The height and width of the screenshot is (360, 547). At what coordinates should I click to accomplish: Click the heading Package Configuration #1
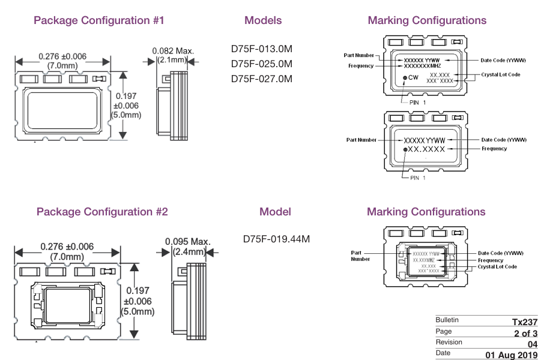click(99, 20)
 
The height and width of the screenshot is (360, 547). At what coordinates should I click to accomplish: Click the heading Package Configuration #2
click(102, 212)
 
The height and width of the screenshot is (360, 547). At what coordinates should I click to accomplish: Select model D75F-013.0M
click(262, 49)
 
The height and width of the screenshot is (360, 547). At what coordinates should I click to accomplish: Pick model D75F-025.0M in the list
click(262, 64)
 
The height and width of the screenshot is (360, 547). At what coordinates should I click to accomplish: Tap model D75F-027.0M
click(262, 79)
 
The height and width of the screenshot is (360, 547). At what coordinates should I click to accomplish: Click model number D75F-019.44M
click(276, 239)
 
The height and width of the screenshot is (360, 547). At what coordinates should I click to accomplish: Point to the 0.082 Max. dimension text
click(173, 51)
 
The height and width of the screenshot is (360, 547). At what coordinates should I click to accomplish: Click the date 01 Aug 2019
click(512, 355)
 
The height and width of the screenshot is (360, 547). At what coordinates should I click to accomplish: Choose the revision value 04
click(532, 344)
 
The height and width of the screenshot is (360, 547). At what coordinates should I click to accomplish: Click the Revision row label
click(449, 342)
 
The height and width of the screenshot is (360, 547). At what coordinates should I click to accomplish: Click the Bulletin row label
click(447, 320)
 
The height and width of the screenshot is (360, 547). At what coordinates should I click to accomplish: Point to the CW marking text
click(413, 78)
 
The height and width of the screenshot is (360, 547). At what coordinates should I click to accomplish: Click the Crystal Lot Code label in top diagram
click(500, 74)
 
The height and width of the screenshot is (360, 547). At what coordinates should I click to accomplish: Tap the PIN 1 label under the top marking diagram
click(418, 103)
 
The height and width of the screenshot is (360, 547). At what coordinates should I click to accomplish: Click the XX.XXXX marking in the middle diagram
click(427, 149)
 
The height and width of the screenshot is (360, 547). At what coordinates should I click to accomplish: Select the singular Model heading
click(275, 212)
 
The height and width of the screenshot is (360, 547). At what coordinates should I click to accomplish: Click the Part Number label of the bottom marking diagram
click(360, 256)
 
